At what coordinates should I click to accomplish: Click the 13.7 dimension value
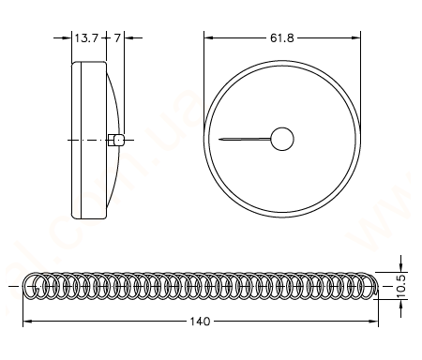point(86,38)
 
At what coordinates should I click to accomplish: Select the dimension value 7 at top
point(117,38)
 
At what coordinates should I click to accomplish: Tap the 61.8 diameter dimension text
point(282,38)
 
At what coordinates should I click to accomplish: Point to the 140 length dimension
point(200,322)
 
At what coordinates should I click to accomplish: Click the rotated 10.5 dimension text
point(401,286)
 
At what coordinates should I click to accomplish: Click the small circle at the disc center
point(282,139)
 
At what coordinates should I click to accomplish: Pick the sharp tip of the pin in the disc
point(219,139)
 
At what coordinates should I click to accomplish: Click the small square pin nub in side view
point(116,140)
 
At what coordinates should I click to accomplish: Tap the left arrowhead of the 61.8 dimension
point(208,37)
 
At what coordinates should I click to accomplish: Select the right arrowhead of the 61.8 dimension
point(356,37)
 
